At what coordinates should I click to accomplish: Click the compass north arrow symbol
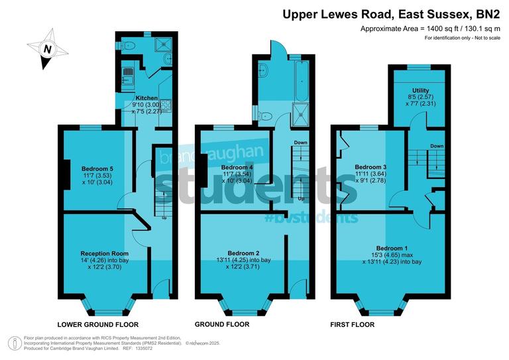coord(46,50)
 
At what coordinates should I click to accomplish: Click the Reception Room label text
coord(104,253)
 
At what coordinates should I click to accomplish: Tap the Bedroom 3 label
coord(370,166)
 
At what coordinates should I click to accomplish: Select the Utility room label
coord(420,90)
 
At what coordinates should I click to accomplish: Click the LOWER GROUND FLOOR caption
coord(98,325)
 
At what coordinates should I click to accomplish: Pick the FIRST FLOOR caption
coord(352,325)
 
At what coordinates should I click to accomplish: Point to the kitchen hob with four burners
coord(165,105)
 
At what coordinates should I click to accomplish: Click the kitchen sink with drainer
coord(126,75)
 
